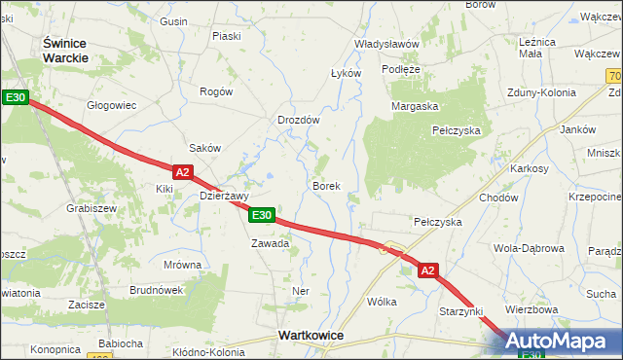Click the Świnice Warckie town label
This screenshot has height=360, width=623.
click(x=66, y=50)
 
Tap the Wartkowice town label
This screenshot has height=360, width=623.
click(x=311, y=335)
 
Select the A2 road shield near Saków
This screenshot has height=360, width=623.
click(x=184, y=171)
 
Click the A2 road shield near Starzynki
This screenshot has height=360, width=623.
click(x=429, y=272)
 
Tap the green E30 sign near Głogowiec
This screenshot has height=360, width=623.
click(x=15, y=97)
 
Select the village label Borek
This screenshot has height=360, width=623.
click(x=325, y=185)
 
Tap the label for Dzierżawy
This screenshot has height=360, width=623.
click(x=225, y=195)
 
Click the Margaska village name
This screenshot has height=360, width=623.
click(x=416, y=106)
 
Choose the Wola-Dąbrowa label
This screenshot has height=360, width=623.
click(x=529, y=248)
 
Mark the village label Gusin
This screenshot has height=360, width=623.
click(x=173, y=21)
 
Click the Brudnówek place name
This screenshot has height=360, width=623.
click(x=156, y=290)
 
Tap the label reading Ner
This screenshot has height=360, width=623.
click(x=301, y=291)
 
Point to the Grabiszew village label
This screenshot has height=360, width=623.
click(x=92, y=208)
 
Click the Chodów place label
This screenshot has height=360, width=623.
click(x=497, y=198)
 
